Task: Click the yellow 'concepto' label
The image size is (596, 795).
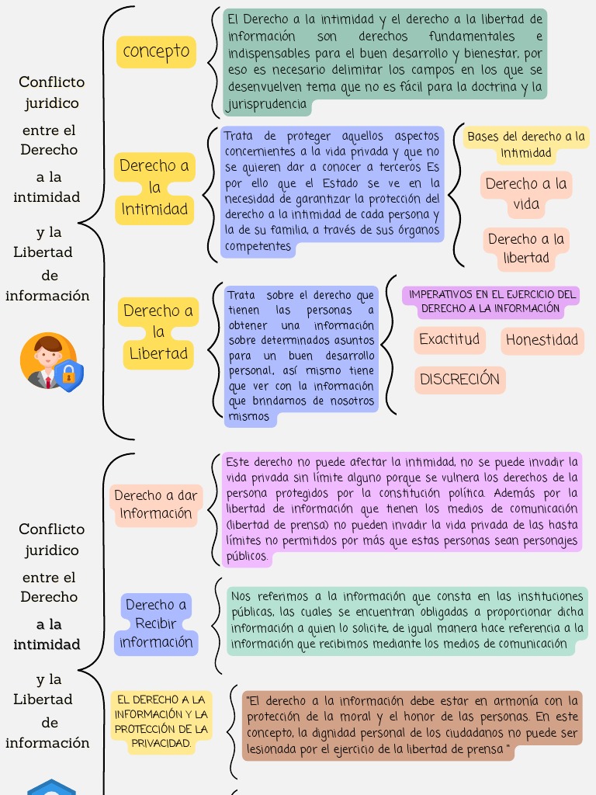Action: pos(156,51)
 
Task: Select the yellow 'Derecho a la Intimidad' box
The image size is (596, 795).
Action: pos(154,188)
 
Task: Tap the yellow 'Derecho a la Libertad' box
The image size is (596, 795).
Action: pos(158,332)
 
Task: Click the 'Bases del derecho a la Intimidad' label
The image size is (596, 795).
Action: pos(526,144)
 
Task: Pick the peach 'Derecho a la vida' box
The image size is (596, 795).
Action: pos(526,194)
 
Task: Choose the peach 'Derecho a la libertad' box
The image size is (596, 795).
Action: pos(526,248)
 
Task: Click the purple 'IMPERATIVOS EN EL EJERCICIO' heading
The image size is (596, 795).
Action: pos(491,301)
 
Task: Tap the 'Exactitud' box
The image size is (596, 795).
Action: pos(449,339)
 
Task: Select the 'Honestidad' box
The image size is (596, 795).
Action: pos(542,340)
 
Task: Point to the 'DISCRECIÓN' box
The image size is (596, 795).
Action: pos(459,380)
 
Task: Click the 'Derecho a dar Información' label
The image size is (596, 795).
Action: pos(155,504)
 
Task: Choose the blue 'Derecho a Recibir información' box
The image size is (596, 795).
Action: pos(155,623)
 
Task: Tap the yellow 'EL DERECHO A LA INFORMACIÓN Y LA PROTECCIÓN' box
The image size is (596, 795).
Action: pos(161,722)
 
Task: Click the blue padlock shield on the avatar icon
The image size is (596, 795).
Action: pos(69,376)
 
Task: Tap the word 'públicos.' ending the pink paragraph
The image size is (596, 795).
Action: pos(248,556)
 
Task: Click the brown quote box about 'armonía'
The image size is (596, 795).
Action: pos(411,725)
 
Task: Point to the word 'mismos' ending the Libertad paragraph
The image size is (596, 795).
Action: pos(248,417)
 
